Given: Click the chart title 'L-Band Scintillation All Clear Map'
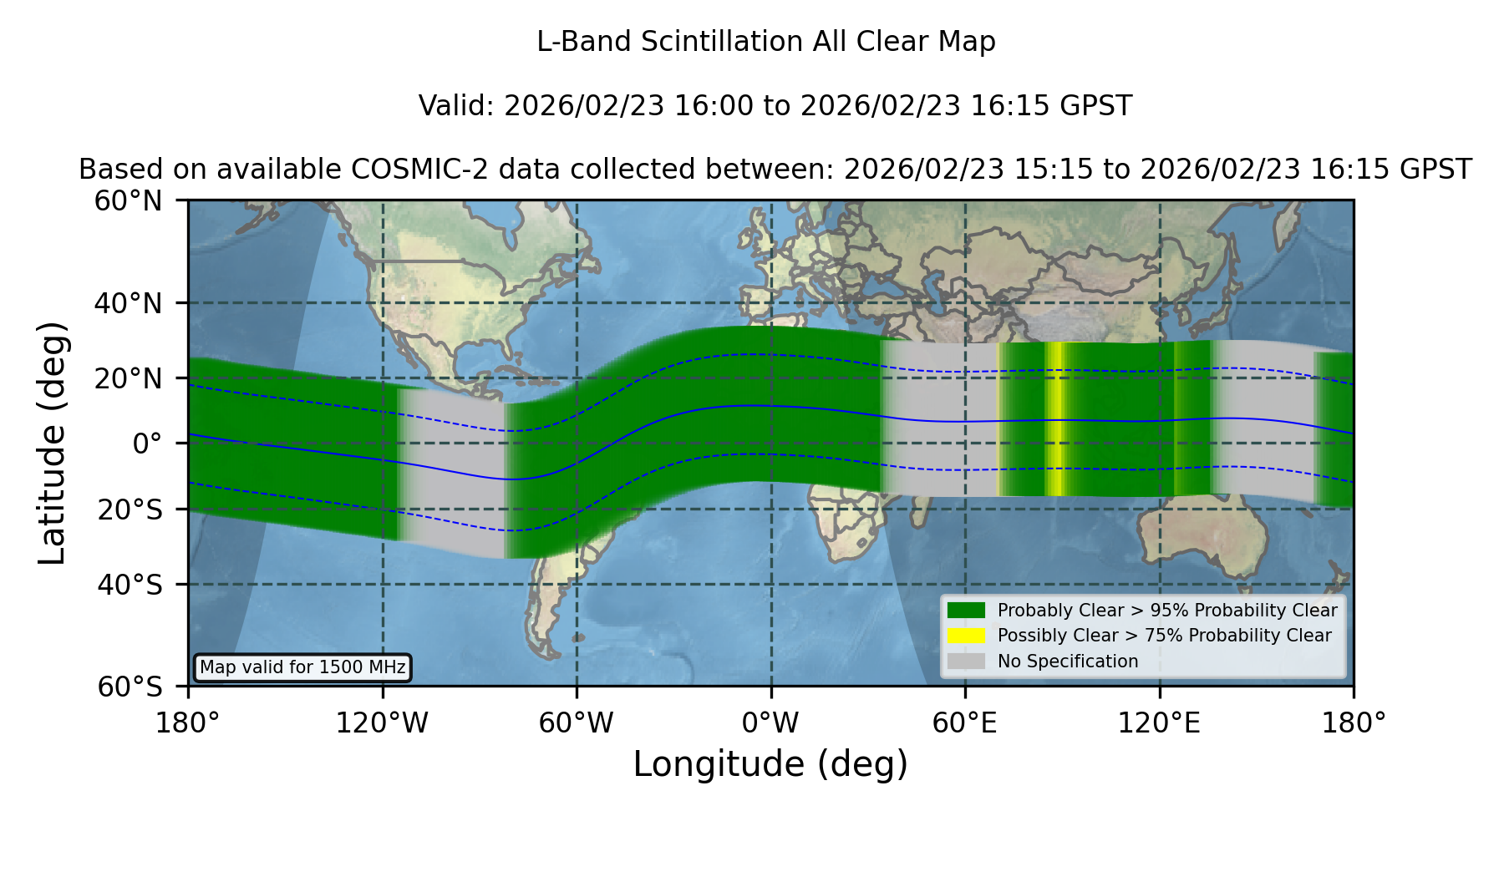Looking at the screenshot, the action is [765, 42].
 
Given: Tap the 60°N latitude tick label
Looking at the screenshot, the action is [128, 201].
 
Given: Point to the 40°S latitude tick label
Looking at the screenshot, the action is [130, 585].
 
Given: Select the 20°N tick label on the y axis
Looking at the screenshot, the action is [128, 378].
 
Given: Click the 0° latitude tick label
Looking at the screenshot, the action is [147, 444].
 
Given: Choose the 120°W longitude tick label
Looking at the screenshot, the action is [382, 722].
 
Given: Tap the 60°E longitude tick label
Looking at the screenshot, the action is [965, 722].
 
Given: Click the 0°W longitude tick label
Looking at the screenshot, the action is [770, 722].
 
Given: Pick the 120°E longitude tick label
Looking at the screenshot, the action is [1159, 722].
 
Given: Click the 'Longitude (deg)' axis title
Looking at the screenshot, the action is [770, 764].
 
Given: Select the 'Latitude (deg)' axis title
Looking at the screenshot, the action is [52, 443].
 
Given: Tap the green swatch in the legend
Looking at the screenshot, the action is [966, 610].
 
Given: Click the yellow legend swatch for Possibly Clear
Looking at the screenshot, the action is [966, 636].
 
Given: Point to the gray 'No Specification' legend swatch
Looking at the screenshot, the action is [966, 662].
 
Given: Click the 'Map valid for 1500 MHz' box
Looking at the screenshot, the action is [302, 667].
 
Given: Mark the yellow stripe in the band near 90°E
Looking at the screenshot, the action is [1055, 418].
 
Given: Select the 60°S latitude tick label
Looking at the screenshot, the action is [130, 687].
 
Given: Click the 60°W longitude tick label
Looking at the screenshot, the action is [576, 722].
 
